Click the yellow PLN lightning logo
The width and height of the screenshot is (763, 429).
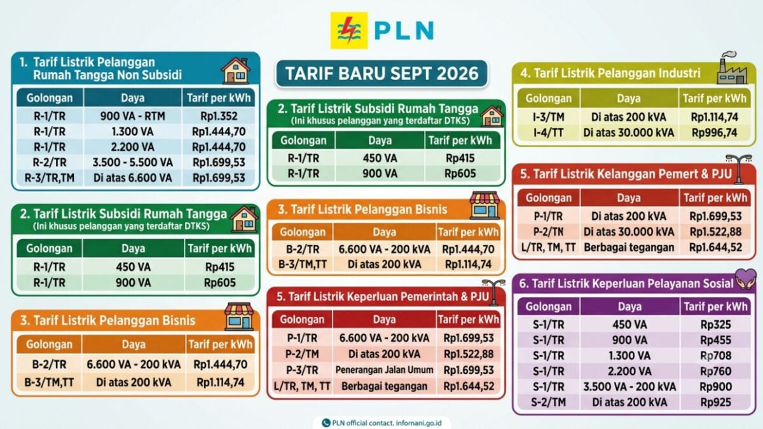tap(349, 31)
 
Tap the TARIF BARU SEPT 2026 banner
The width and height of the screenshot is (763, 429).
tap(382, 74)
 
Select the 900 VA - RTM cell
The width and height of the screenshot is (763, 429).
tap(132, 116)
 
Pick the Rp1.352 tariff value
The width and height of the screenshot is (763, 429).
tap(219, 116)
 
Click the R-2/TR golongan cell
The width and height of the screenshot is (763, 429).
tap(50, 163)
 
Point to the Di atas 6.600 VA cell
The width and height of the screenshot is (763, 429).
tap(132, 178)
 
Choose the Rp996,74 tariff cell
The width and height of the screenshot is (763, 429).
tap(714, 132)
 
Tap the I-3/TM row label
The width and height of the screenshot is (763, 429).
tap(548, 117)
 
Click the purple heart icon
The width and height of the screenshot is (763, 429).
tap(745, 279)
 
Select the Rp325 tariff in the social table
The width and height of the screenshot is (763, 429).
tap(715, 325)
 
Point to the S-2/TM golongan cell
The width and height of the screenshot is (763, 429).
tap(548, 402)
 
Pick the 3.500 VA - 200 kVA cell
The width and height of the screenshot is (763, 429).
tap(629, 387)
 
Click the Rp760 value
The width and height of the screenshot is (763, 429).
tap(715, 371)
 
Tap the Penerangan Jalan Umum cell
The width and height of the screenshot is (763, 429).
tap(384, 370)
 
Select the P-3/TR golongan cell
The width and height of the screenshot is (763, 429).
tap(302, 370)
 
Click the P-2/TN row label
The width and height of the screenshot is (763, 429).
tap(548, 232)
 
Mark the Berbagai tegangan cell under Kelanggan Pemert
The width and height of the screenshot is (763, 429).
tap(629, 247)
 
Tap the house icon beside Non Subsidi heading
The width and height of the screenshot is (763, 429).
tap(236, 71)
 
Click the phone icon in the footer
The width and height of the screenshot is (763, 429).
tap(326, 423)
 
